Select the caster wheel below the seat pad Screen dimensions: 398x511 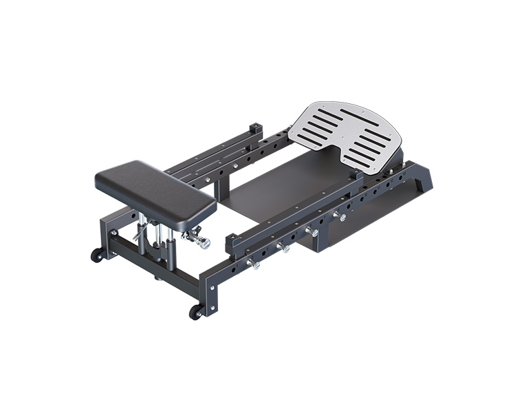tap(98, 254)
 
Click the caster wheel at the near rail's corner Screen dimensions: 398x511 tap(197, 311)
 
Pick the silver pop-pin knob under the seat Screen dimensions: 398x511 tap(200, 242)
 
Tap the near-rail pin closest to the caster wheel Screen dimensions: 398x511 tap(254, 264)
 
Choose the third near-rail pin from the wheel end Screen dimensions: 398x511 tap(312, 232)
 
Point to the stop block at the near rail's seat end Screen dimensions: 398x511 tap(234, 242)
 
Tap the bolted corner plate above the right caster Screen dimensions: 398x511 tap(210, 292)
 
